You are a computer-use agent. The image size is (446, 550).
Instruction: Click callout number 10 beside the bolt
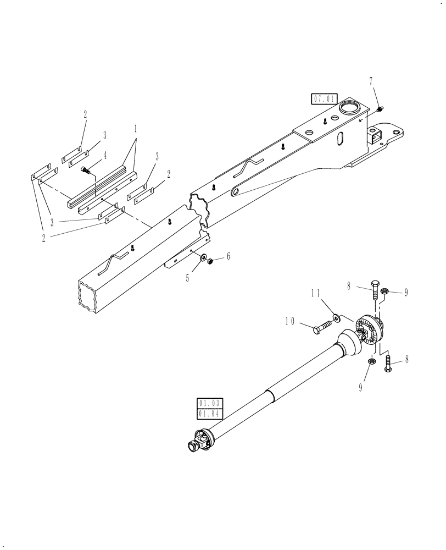(x=289, y=320)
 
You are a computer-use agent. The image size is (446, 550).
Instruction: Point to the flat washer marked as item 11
(x=335, y=317)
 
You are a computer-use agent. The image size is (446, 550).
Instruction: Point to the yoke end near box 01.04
(x=196, y=445)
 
